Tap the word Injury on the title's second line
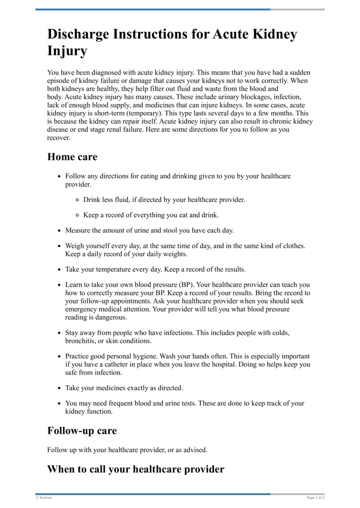[67, 51]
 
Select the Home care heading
[72, 157]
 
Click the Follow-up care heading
[82, 430]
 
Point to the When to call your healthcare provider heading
[135, 469]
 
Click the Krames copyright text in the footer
[44, 498]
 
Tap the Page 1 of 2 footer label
[315, 498]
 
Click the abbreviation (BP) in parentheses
[185, 285]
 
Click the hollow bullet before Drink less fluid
[77, 200]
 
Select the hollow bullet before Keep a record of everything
[77, 215]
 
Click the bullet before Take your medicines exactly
[59, 388]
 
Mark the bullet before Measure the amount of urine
[59, 231]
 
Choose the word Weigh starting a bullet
[75, 246]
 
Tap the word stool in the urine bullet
[170, 231]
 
